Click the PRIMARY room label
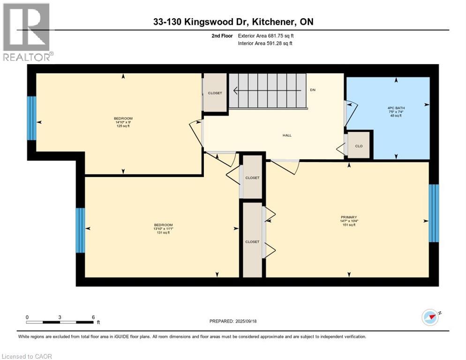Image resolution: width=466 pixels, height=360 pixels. click(x=349, y=217)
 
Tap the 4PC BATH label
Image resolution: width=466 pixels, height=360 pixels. click(x=388, y=108)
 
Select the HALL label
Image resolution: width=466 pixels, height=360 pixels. click(x=287, y=135)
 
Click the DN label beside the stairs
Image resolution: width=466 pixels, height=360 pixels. click(x=313, y=90)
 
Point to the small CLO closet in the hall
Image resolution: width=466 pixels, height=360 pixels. click(x=359, y=146)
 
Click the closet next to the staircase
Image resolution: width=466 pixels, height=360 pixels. click(x=215, y=93)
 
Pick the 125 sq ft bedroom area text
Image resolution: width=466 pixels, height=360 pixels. click(x=123, y=126)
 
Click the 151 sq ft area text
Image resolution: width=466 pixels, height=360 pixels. click(x=349, y=225)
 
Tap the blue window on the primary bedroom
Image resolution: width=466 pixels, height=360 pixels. click(x=434, y=213)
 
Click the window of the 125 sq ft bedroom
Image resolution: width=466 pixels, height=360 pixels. click(x=31, y=118)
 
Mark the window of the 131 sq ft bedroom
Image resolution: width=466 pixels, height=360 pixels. click(x=81, y=230)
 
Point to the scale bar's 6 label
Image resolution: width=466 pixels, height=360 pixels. click(x=93, y=316)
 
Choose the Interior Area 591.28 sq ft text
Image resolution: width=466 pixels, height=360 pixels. click(x=265, y=44)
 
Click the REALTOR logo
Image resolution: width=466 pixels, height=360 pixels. click(x=27, y=32)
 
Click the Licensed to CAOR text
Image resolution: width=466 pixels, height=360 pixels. click(x=27, y=356)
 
